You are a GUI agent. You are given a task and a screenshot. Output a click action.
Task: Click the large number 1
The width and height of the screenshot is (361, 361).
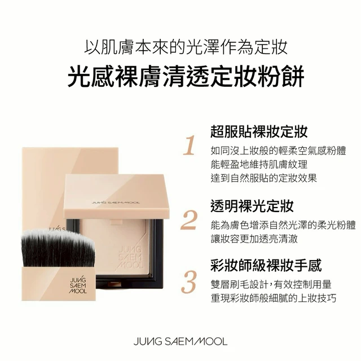click(190, 145)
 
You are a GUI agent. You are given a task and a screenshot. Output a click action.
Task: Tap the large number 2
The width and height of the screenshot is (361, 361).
click(189, 221)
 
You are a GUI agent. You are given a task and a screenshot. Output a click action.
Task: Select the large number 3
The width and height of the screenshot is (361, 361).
click(189, 283)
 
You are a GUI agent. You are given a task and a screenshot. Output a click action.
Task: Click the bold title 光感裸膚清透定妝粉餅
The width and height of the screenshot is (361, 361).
click(186, 76)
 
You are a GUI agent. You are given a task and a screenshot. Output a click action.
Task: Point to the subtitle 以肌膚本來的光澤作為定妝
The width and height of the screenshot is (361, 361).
click(186, 47)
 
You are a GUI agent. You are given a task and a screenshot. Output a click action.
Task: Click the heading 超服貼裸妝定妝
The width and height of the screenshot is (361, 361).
click(259, 132)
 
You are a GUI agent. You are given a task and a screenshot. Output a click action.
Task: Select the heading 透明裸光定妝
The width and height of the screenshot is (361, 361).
click(252, 206)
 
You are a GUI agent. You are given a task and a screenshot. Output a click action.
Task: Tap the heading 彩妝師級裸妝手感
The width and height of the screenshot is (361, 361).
click(266, 266)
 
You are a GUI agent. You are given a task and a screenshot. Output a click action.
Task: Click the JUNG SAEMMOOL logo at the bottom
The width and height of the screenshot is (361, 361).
click(180, 341)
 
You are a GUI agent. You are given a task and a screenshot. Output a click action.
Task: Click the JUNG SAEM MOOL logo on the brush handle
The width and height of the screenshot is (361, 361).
click(78, 286)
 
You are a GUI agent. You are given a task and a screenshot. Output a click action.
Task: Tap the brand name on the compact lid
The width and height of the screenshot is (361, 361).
click(116, 202)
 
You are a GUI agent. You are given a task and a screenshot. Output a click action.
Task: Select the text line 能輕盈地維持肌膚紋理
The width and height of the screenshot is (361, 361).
click(259, 164)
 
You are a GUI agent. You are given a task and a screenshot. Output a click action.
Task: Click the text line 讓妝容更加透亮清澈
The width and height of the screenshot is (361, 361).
click(254, 239)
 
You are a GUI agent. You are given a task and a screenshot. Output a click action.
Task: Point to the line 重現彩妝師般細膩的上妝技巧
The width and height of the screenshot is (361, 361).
click(274, 298)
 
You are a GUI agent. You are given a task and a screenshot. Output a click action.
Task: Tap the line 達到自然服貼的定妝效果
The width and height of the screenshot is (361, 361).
click(264, 178)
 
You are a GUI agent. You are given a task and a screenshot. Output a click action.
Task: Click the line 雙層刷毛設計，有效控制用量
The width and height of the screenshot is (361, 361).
click(271, 284)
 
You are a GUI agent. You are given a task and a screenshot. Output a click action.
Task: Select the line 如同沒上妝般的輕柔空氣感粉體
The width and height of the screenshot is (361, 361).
click(278, 151)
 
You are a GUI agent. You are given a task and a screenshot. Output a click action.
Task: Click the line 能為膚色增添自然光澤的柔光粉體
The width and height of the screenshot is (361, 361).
click(283, 225)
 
